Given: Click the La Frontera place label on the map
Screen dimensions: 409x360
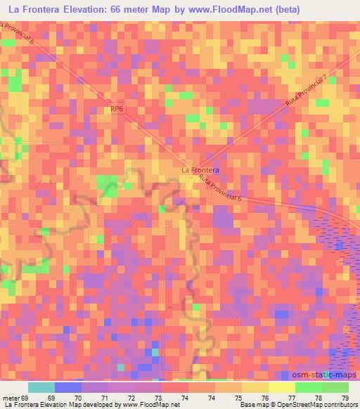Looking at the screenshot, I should tap(200, 170).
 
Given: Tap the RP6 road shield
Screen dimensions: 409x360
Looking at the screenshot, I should tap(117, 109).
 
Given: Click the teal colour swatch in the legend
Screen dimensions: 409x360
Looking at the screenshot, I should tap(41, 387).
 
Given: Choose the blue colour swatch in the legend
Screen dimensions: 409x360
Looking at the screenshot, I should tap(68, 387).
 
